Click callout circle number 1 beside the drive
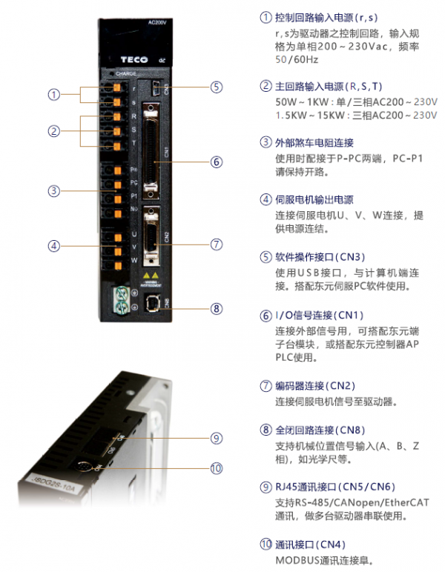click(x=54, y=95)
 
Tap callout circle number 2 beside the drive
click(x=54, y=131)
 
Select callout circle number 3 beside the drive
click(x=54, y=190)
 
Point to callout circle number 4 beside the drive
click(x=54, y=246)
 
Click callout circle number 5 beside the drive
click(x=216, y=87)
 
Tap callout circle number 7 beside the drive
click(x=216, y=243)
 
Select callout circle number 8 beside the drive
click(x=216, y=308)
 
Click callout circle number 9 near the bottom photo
click(x=216, y=438)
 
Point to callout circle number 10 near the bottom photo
click(x=216, y=468)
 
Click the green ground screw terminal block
click(x=117, y=298)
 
